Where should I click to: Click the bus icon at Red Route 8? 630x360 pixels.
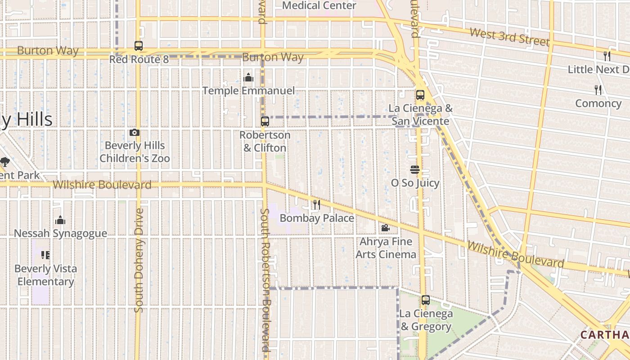(139, 46)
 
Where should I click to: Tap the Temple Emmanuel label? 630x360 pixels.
(248, 90)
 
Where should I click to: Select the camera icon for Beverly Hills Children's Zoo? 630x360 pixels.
(135, 132)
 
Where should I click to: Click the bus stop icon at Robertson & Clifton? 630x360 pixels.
(265, 121)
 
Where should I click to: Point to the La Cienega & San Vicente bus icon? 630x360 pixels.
(420, 95)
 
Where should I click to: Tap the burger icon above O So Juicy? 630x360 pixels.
(415, 170)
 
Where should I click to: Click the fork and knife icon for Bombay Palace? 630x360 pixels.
(317, 205)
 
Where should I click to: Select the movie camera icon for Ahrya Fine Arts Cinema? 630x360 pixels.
(386, 228)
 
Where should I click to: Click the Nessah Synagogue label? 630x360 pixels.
(60, 233)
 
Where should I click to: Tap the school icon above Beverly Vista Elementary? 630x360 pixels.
(45, 255)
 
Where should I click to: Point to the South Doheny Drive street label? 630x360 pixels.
(139, 260)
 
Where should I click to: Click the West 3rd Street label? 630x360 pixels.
(509, 37)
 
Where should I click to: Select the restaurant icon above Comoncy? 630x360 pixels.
(598, 90)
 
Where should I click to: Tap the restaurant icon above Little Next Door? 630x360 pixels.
(607, 56)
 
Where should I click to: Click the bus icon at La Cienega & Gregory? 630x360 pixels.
(426, 300)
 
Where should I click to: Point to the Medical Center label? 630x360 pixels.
(319, 5)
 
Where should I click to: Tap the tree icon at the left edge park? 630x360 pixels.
(5, 162)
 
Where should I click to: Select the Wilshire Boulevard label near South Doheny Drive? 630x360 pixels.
(102, 185)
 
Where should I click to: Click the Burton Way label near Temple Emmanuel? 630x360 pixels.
(273, 57)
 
